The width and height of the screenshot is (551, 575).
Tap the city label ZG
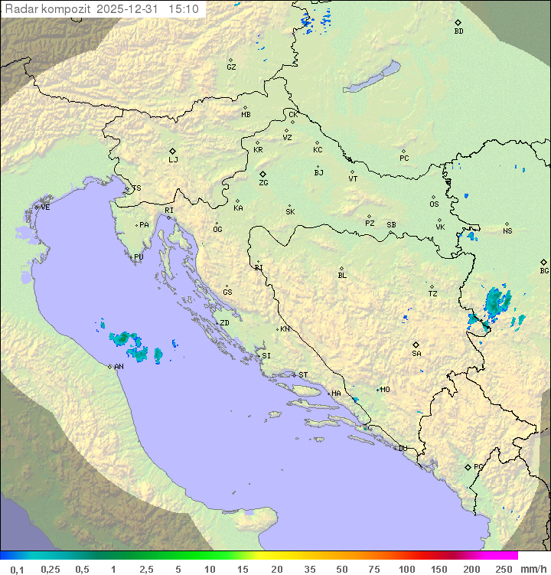point(263,183)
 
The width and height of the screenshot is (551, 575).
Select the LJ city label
point(173,160)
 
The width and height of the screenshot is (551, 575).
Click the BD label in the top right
point(458,31)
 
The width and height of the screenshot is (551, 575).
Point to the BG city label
point(544,270)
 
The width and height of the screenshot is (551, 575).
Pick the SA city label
point(416,353)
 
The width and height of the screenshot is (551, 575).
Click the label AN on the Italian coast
point(119,367)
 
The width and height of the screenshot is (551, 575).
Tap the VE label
point(45,207)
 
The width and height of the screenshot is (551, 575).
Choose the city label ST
point(303,375)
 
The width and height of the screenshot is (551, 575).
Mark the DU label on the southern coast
point(402,449)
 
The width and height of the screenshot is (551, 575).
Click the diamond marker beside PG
point(468,466)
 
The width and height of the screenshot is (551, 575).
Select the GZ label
point(231,67)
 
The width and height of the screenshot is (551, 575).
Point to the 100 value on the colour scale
point(406,569)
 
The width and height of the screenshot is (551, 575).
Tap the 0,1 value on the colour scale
point(17,569)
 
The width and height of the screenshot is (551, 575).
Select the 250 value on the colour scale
point(504,569)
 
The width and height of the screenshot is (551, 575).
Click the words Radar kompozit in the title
point(47,9)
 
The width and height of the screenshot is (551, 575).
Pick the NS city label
point(507,231)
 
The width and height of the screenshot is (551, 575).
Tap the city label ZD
point(224,323)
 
